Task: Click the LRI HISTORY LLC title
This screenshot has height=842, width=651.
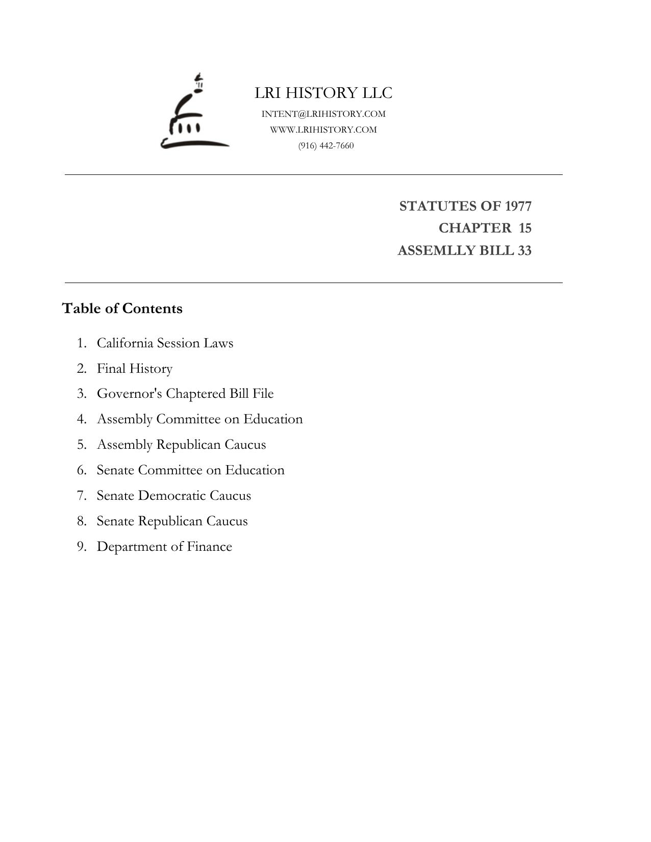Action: (323, 93)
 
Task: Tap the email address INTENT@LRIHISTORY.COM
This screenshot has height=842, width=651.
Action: (323, 114)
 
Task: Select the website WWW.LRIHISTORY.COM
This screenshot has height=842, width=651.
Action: (323, 130)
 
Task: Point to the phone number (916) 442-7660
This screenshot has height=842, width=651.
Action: (326, 146)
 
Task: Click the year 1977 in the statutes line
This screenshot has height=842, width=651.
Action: (518, 206)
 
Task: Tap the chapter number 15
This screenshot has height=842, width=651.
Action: (525, 228)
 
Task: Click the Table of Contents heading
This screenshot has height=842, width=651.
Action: (122, 309)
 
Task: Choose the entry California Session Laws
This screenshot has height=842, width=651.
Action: (165, 343)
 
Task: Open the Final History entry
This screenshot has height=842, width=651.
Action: (135, 369)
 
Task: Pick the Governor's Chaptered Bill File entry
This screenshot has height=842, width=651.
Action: (185, 394)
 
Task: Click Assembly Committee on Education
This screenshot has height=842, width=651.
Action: (199, 419)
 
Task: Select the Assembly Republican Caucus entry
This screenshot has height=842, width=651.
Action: (181, 445)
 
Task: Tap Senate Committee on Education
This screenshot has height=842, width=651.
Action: (190, 470)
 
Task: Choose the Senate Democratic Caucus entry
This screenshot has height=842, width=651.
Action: (173, 496)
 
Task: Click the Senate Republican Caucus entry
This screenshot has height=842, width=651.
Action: (172, 521)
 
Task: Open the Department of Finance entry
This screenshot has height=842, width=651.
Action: (164, 547)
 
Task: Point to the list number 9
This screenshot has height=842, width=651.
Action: (82, 547)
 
